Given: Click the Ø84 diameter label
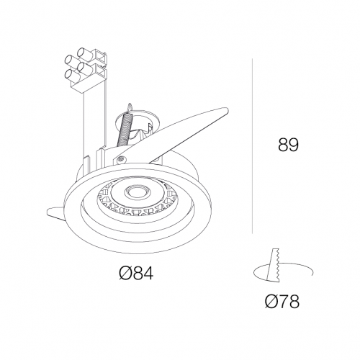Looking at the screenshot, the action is pos(136,273).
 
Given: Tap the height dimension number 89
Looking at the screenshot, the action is pos(288,145).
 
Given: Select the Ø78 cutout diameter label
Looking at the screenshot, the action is pos(282,301).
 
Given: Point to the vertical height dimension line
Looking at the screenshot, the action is pos(252,145).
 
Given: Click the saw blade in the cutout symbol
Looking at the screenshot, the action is pos(274,265).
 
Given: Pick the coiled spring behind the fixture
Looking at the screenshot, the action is pos(124,130).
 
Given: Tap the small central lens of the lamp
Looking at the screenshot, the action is pos(138,192).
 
